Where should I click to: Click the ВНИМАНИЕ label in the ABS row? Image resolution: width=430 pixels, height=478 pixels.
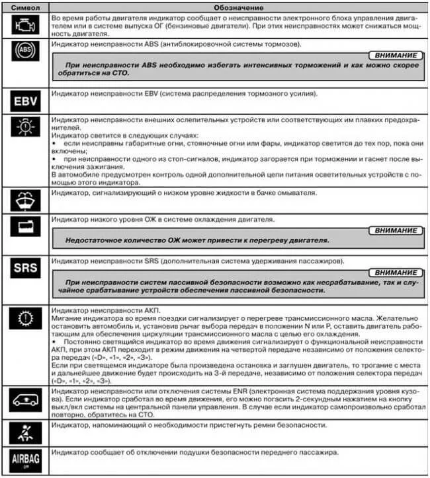point(396,57)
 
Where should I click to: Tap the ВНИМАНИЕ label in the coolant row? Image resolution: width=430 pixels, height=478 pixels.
point(396,230)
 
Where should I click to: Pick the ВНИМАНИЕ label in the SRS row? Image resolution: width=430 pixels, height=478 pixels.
point(396,273)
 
